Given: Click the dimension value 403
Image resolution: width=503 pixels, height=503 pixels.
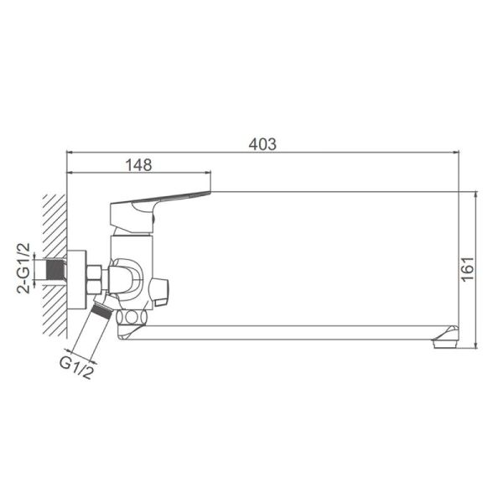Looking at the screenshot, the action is pyautogui.click(x=262, y=144).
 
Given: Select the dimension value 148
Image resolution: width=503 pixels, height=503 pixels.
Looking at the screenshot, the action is pyautogui.click(x=138, y=165).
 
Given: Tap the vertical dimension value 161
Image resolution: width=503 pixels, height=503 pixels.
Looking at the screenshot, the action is pyautogui.click(x=468, y=269).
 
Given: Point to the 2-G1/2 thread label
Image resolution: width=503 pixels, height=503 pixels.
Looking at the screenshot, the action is pyautogui.click(x=23, y=268).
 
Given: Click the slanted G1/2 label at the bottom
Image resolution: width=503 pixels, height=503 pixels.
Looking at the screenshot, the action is pyautogui.click(x=77, y=368).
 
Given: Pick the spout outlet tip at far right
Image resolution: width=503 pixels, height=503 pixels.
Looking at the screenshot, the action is pyautogui.click(x=446, y=338).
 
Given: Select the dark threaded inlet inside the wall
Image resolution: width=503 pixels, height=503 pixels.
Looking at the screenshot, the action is pyautogui.click(x=56, y=269).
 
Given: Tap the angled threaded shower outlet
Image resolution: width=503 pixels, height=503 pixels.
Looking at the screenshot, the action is pyautogui.click(x=101, y=310).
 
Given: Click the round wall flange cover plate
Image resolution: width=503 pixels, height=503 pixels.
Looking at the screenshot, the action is pyautogui.click(x=77, y=280).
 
